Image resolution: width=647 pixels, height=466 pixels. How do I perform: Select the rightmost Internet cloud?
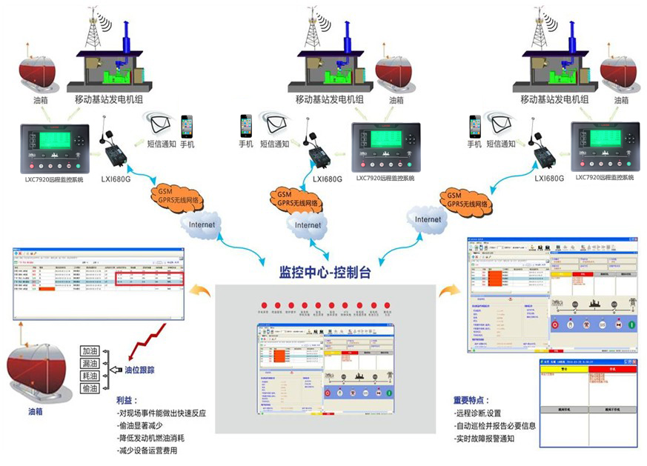click(x=428, y=220)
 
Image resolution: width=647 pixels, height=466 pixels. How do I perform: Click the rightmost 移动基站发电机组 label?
click(x=554, y=99)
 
